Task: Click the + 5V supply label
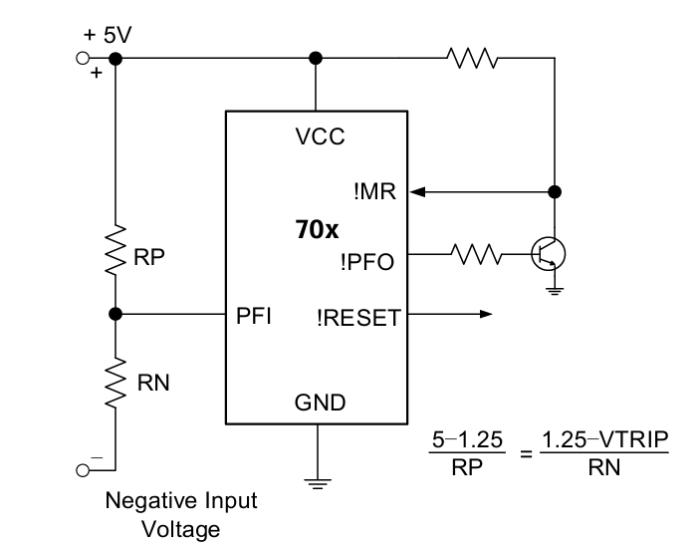[x=108, y=35]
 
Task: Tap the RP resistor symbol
[x=116, y=250]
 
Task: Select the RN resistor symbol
[x=116, y=382]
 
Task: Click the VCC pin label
[x=320, y=136]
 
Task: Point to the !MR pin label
[x=374, y=191]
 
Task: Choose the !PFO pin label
[x=367, y=262]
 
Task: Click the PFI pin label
[x=253, y=316]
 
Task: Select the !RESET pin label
[x=358, y=318]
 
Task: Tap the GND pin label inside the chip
[x=320, y=403]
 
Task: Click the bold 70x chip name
[x=317, y=229]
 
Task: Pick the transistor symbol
[x=549, y=254]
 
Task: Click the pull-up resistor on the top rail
[x=472, y=58]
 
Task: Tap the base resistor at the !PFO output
[x=477, y=254]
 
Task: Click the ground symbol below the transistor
[x=555, y=291]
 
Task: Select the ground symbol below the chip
[x=318, y=484]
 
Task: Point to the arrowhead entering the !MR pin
[x=417, y=192]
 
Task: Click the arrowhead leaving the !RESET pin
[x=486, y=314]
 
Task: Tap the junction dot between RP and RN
[x=116, y=314]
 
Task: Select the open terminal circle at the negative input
[x=83, y=470]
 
